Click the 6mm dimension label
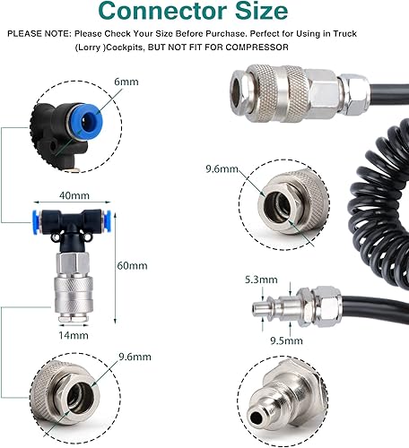click(x=126, y=82)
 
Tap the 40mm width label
click(x=74, y=195)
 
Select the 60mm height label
click(x=132, y=265)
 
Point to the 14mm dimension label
click(x=74, y=335)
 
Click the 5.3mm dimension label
click(x=261, y=280)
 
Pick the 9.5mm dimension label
click(x=286, y=340)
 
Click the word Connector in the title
click(x=162, y=11)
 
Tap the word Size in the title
click(x=262, y=11)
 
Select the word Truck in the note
click(x=345, y=33)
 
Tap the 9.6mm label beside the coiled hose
click(x=222, y=169)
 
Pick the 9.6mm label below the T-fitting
click(x=135, y=357)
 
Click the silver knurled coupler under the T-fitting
click(x=74, y=298)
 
